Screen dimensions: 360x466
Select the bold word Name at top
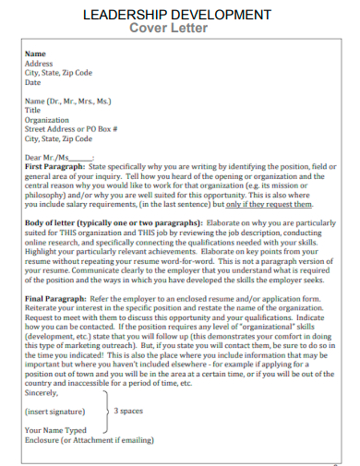click(35, 54)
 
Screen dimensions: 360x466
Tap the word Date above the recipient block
click(33, 81)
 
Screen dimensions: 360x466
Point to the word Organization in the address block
click(47, 119)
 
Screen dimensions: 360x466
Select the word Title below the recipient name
click(33, 110)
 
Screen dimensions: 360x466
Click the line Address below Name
click(39, 63)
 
